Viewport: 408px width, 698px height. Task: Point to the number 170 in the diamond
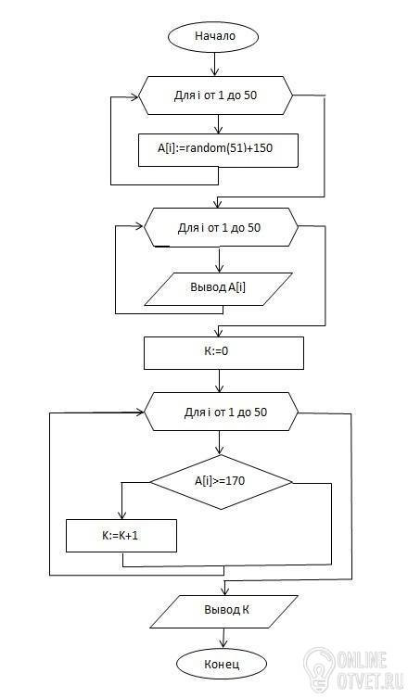(x=235, y=481)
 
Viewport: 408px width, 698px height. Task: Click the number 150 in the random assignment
(x=262, y=147)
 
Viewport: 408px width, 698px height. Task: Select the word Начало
(x=215, y=36)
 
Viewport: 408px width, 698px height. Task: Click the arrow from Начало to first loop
(x=215, y=64)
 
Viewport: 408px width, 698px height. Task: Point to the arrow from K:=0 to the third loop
(x=220, y=381)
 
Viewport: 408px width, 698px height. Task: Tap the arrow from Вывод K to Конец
(x=223, y=639)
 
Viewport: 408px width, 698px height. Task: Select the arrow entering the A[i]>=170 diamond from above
(x=220, y=443)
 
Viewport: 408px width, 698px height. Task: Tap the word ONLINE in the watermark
(x=362, y=661)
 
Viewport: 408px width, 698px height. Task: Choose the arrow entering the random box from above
(x=218, y=124)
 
